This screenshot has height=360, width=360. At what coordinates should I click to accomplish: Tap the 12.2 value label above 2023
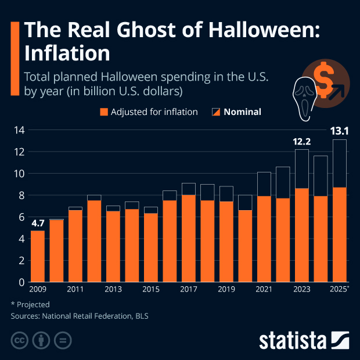click(302, 141)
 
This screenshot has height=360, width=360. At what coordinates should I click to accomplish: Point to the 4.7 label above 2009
click(38, 222)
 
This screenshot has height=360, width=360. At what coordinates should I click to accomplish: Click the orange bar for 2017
click(189, 238)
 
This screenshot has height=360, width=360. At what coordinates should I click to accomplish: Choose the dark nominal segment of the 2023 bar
click(302, 169)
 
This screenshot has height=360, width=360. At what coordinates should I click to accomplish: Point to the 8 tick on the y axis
click(19, 196)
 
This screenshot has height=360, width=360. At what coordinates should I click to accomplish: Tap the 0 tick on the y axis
click(19, 283)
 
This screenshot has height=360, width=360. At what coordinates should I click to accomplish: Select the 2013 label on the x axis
click(113, 290)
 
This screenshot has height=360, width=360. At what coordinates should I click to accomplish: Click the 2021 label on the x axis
click(264, 290)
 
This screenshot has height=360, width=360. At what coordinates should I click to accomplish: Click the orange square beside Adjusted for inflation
click(104, 112)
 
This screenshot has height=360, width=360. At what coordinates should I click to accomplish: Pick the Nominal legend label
click(242, 112)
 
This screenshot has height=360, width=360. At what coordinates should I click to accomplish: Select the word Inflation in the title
click(66, 53)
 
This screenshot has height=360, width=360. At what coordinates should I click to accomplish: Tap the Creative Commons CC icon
click(20, 340)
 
